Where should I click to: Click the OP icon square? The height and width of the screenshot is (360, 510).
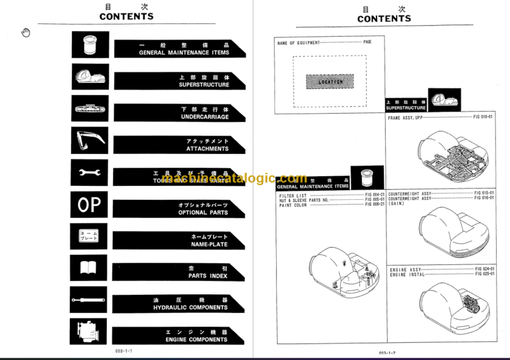pyautogui.click(x=89, y=205)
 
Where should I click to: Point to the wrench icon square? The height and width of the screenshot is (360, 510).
pyautogui.click(x=89, y=173)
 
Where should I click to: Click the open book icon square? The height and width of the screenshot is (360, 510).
pyautogui.click(x=89, y=268)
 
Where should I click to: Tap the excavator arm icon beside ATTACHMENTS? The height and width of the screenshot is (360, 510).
pyautogui.click(x=89, y=141)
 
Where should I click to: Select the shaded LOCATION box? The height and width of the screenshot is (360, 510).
pyautogui.click(x=331, y=82)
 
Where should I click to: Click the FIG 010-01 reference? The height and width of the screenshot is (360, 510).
pyautogui.click(x=483, y=117)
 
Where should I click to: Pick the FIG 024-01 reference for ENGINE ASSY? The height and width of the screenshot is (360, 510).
pyautogui.click(x=485, y=269)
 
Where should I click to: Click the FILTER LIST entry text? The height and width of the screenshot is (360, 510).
pyautogui.click(x=293, y=196)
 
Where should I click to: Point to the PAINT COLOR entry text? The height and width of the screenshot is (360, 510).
pyautogui.click(x=293, y=205)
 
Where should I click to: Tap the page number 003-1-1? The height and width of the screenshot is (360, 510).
pyautogui.click(x=124, y=351)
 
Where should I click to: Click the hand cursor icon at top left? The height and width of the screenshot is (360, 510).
pyautogui.click(x=26, y=33)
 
